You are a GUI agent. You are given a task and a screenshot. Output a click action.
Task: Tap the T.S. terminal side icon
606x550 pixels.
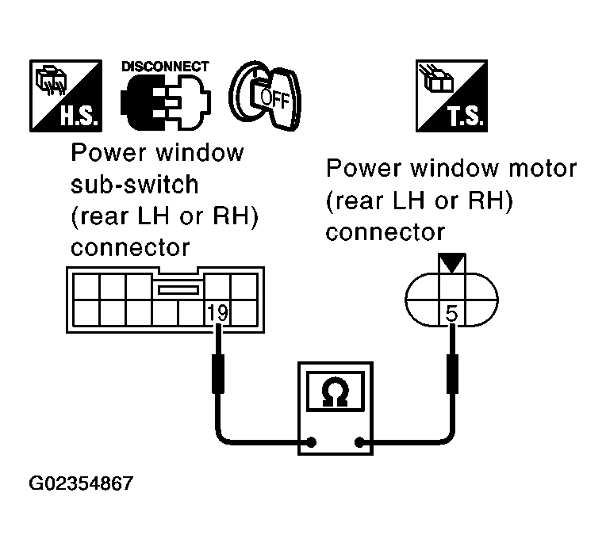[x=452, y=97]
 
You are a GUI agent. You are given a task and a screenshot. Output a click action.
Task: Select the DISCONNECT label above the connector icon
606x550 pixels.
[x=166, y=67]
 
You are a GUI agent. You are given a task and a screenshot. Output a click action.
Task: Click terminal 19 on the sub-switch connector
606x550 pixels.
[x=216, y=311]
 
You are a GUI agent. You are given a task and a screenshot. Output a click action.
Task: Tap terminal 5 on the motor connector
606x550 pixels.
[x=452, y=313]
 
